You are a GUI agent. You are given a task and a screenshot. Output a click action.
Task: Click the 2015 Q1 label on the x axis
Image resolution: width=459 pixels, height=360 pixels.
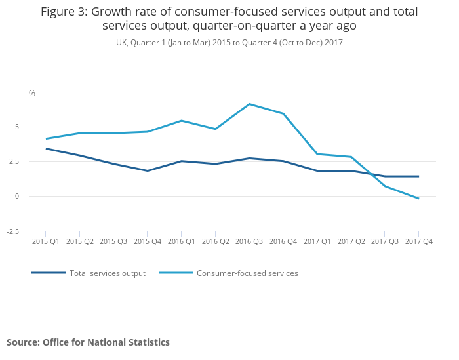pos(46,241)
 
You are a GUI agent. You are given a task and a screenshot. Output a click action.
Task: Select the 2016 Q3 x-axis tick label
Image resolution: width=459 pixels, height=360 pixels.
pos(249,241)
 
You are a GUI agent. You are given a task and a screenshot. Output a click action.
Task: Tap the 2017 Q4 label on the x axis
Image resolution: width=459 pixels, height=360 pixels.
pos(418,241)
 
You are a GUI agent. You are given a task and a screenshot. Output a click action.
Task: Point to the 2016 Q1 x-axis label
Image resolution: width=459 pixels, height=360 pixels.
pos(181,241)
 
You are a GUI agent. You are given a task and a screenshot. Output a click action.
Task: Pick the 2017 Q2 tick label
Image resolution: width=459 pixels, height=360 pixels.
pos(351,241)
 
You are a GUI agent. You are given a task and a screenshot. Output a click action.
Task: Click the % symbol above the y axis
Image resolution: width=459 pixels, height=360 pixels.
pos(32,94)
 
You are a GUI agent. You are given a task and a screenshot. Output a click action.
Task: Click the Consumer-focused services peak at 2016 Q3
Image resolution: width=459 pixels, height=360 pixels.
pos(249,104)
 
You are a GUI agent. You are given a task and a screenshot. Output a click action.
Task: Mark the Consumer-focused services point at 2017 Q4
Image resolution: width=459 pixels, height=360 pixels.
pos(418,199)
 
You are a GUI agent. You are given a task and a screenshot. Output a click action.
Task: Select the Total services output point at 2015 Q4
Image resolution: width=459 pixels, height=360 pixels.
pos(148,170)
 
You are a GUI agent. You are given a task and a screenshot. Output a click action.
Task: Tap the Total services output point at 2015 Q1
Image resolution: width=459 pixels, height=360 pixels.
pos(46,148)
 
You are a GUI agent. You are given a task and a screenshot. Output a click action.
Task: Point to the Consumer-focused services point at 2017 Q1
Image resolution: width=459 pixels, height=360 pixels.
pos(317,154)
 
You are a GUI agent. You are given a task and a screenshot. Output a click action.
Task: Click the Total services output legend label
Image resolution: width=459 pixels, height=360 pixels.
pos(108,273)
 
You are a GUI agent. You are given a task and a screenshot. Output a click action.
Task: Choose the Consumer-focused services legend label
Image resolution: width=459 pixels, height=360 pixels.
pos(247,273)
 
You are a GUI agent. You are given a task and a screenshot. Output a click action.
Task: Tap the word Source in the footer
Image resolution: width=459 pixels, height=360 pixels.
pos(22,342)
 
